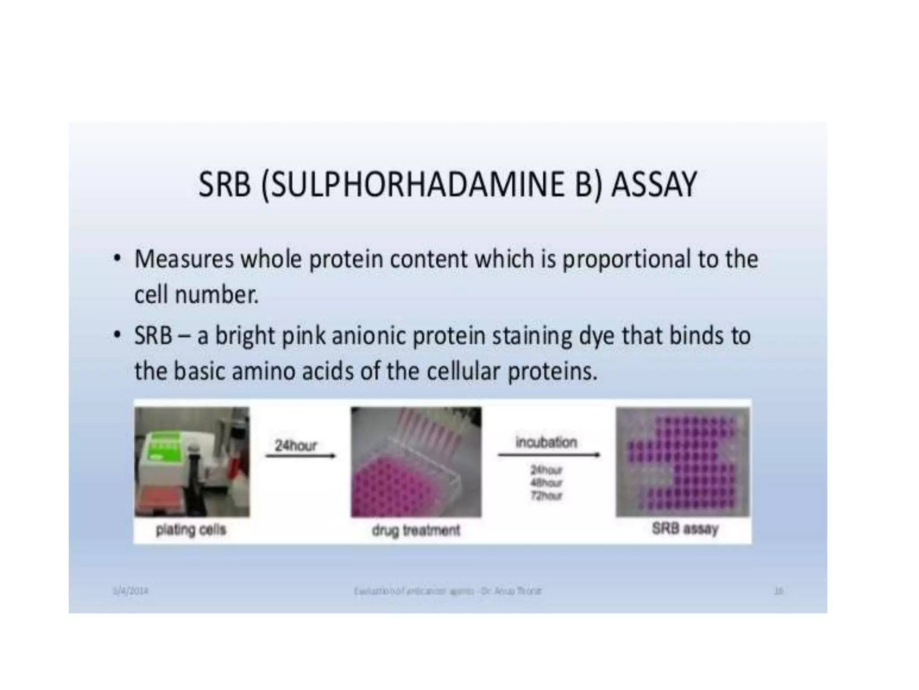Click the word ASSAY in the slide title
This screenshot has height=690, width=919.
[x=654, y=185]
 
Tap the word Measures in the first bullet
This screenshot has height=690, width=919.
[x=184, y=259]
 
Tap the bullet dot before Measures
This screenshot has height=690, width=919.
[x=117, y=259]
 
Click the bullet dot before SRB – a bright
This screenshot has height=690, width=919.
[x=117, y=335]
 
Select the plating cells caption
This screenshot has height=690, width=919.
[x=191, y=530]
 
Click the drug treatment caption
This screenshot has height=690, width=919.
[x=416, y=531]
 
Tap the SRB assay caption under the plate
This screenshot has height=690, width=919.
[x=685, y=529]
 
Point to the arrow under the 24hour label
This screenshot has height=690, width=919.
[x=300, y=456]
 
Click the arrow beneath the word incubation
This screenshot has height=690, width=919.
[x=549, y=455]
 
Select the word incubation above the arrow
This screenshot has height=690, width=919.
[x=546, y=442]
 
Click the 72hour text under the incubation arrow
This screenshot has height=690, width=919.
[x=546, y=496]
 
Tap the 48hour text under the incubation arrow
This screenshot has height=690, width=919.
[x=546, y=483]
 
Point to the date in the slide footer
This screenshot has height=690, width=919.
[x=130, y=591]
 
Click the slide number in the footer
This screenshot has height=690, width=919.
[x=779, y=591]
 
